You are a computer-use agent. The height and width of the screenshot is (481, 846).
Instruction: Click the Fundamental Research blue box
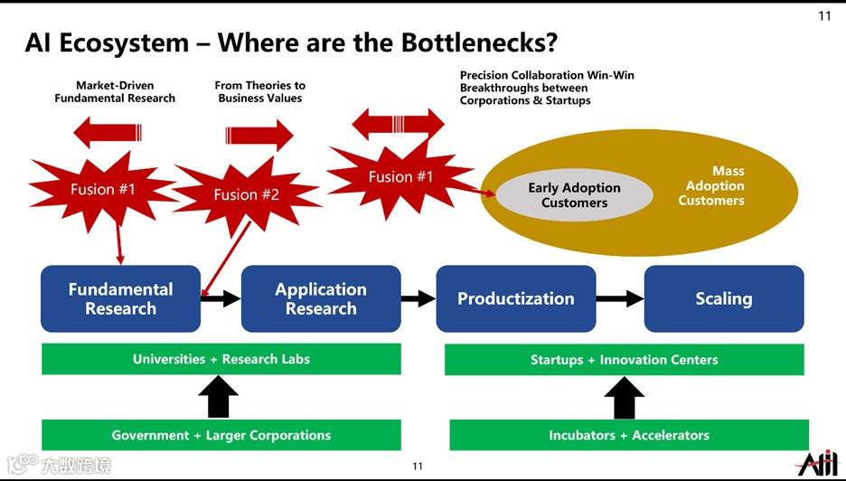tap(120, 298)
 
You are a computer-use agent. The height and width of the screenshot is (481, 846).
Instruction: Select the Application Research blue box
tap(321, 298)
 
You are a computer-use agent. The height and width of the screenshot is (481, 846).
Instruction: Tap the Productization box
tap(515, 298)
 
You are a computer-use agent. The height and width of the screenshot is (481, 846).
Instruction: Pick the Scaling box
tap(723, 298)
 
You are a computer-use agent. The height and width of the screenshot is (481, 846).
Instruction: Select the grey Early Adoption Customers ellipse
tap(574, 195)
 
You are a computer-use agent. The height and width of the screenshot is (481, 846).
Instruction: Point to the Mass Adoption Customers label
tap(713, 185)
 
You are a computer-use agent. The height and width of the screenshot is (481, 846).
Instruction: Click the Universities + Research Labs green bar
tap(221, 359)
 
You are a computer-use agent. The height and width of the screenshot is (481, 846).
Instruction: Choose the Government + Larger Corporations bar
tap(221, 435)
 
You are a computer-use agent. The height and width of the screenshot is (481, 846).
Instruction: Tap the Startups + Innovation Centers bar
tap(624, 360)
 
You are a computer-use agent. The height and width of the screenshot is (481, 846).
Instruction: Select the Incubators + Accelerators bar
tap(628, 435)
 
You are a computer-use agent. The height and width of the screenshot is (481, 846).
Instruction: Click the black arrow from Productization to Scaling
tap(619, 298)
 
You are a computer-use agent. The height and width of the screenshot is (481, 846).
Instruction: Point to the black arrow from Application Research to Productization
tap(418, 298)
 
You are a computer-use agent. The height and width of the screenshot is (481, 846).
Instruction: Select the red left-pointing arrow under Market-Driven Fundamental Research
tap(108, 133)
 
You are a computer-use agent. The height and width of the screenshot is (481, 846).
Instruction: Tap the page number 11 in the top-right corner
tap(824, 15)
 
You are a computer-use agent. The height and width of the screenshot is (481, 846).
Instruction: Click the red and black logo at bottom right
tap(817, 462)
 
